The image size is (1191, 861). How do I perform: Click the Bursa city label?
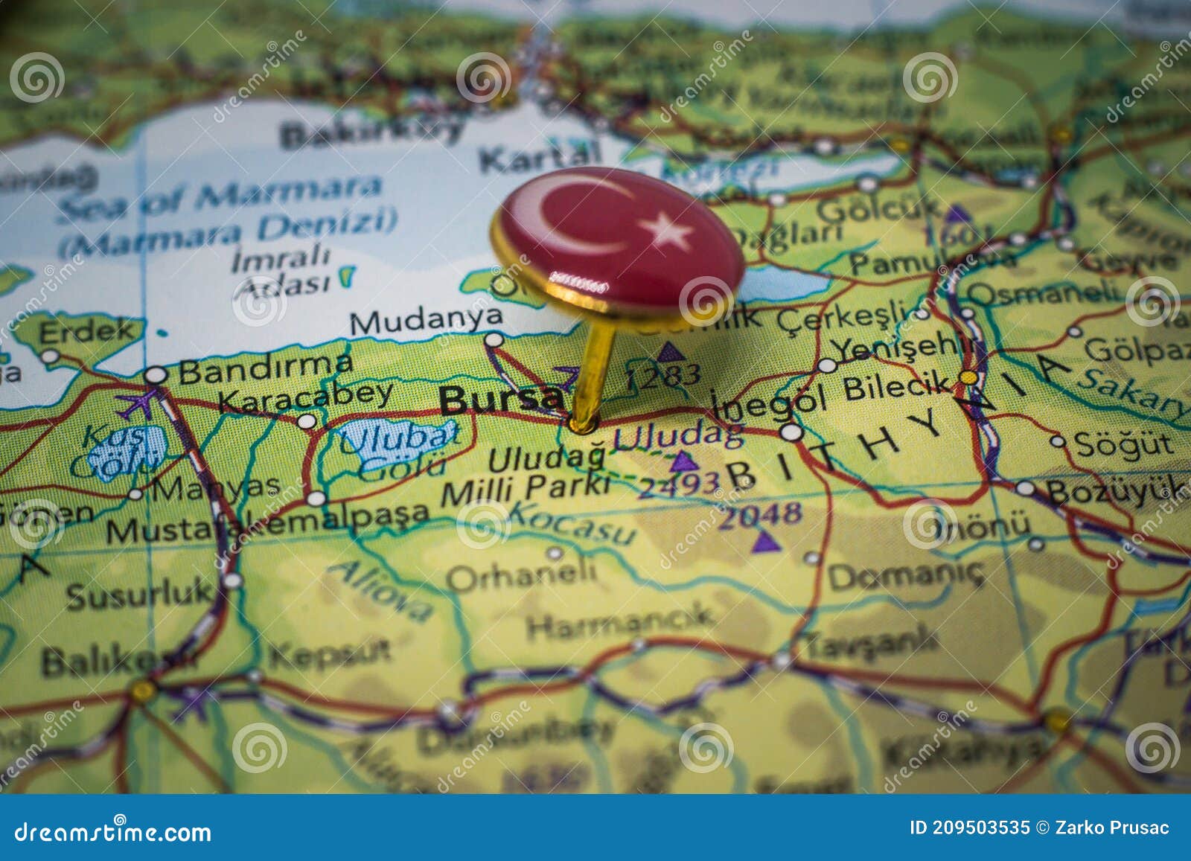coord(500,400)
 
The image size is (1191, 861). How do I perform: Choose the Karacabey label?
coord(305,396)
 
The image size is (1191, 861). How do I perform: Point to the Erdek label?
coord(89,330)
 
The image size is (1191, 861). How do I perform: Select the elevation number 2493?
coord(679,485)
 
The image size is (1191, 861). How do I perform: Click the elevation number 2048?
coord(759,514)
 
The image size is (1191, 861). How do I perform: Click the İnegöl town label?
coord(769,403)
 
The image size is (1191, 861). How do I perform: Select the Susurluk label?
coord(139,594)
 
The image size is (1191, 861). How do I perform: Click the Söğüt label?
coord(1124,444)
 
